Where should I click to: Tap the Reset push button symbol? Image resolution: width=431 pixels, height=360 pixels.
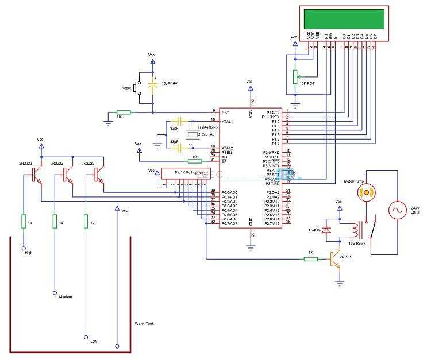tap(137, 88)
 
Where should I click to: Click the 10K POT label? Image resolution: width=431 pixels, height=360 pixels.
tap(307, 83)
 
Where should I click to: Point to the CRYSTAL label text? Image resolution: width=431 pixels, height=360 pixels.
tap(206, 134)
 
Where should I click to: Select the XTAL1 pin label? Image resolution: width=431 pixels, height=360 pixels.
tap(228, 122)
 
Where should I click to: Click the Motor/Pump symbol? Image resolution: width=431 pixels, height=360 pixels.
tap(365, 192)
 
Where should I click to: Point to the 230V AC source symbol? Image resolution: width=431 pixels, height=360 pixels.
tap(397, 211)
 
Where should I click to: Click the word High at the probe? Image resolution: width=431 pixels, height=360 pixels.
tap(28, 253)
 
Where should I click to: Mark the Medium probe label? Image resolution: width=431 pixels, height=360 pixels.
tap(66, 297)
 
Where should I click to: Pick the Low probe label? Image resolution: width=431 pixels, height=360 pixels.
tap(94, 341)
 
